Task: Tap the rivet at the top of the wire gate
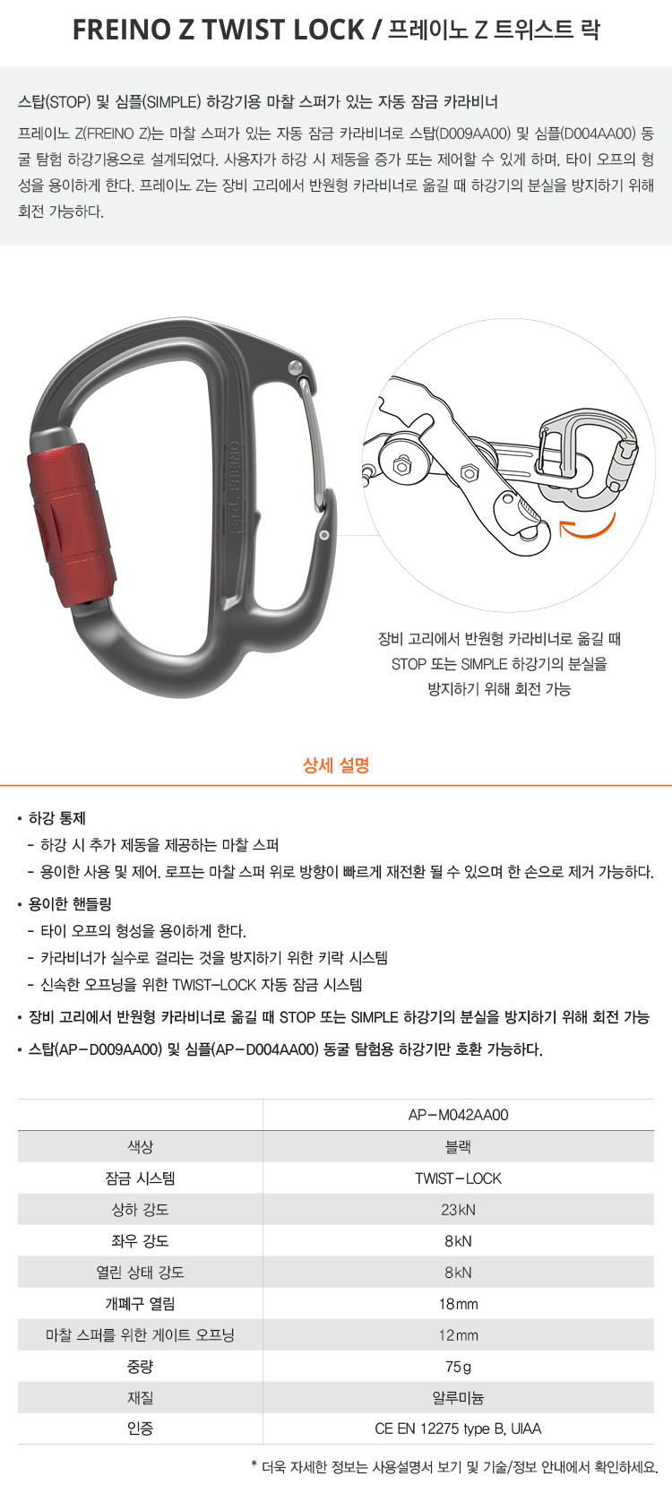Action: pos(295,367)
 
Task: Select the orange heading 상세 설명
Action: pos(336,765)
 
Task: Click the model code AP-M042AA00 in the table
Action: pos(458,1115)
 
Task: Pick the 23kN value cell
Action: pos(458,1210)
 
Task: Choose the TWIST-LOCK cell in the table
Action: pos(458,1178)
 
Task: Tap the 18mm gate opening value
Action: pos(458,1304)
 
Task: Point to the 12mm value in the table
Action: pos(458,1335)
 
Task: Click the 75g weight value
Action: pos(458,1367)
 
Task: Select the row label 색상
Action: pos(140,1146)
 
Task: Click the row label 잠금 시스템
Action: pos(140,1178)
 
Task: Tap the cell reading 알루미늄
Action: pos(458,1397)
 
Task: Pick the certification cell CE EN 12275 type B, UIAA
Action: pos(458,1429)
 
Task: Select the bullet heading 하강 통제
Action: pos(57,818)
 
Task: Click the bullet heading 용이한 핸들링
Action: pos(70,904)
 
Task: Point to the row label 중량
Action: pos(140,1367)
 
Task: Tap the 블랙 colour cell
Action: pos(458,1146)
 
